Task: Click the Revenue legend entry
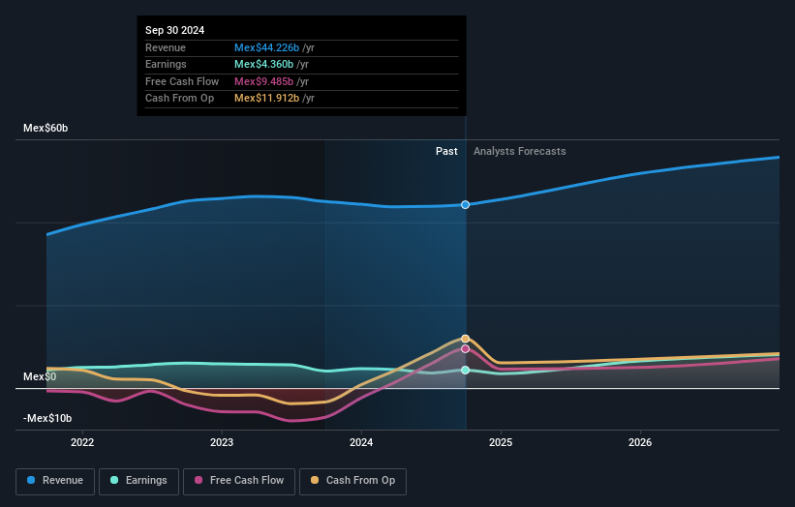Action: [56, 480]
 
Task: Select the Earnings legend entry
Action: [138, 480]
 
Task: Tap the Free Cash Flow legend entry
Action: [239, 480]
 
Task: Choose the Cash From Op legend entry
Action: [353, 480]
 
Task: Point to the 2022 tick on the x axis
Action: [82, 443]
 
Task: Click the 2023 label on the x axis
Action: [222, 443]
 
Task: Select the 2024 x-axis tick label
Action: [361, 443]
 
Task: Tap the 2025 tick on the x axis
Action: [501, 443]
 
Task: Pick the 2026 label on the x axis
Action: [640, 443]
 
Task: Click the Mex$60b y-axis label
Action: [46, 128]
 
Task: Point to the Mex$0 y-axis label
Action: [41, 376]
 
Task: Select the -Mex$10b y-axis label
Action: [47, 418]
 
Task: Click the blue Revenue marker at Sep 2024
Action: [466, 204]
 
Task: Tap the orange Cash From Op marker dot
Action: [466, 339]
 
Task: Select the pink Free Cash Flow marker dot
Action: [466, 348]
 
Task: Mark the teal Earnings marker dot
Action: [466, 370]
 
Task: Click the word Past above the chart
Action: [446, 151]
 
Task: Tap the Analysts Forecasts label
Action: [519, 151]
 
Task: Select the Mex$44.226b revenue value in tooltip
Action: [266, 47]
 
